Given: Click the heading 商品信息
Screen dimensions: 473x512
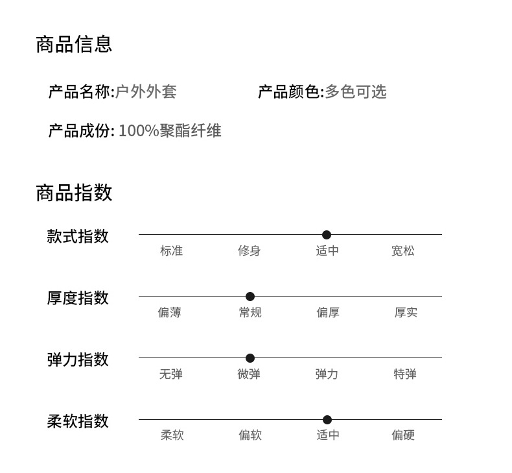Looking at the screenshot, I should (74, 44).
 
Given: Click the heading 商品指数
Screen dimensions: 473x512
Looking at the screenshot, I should (74, 193).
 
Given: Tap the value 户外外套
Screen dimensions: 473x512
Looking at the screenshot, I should (146, 92).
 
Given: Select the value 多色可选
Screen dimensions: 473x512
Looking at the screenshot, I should (355, 92).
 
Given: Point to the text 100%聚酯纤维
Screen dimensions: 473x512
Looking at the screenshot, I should (170, 131).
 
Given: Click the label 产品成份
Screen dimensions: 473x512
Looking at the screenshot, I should (80, 131).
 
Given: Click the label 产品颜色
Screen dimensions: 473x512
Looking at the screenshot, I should (289, 92).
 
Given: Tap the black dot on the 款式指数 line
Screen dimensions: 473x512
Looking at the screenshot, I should (327, 235).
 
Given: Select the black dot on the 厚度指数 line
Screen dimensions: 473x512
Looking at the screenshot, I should (250, 297).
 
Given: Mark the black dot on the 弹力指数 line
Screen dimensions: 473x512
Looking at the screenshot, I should (250, 358).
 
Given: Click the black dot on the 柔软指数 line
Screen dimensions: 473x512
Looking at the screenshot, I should (327, 420).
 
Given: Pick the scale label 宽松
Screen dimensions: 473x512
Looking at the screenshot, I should (402, 251).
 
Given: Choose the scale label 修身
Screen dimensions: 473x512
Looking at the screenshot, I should (249, 251).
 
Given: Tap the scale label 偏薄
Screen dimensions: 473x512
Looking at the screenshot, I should (169, 313).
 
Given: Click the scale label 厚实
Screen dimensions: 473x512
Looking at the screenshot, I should (406, 313).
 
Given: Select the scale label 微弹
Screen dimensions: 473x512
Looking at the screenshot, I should (249, 374).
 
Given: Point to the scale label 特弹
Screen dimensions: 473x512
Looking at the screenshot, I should (405, 374).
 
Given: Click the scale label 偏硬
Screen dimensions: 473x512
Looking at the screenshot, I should (403, 435).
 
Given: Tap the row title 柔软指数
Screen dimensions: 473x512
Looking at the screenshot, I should (78, 422).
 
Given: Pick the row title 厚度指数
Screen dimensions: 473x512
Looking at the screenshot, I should (78, 298).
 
